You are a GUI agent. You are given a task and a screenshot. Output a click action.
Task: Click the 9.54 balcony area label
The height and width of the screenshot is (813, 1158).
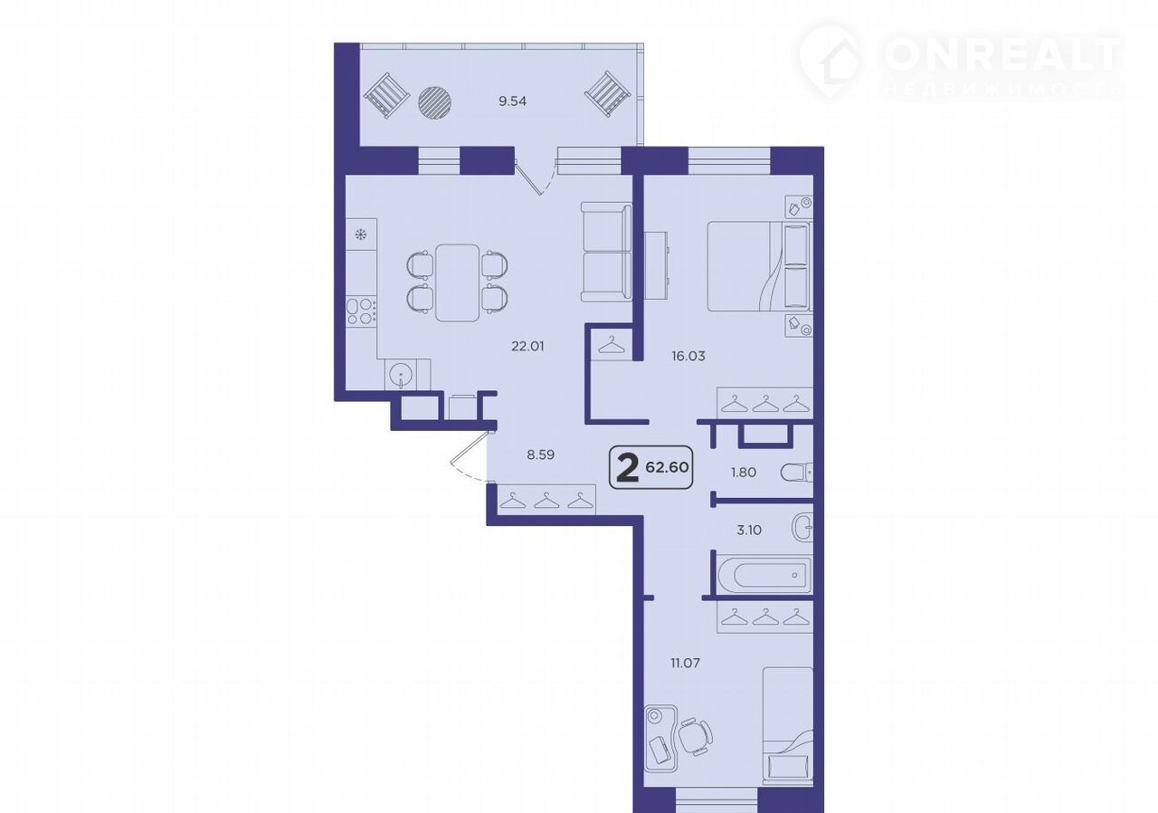512,101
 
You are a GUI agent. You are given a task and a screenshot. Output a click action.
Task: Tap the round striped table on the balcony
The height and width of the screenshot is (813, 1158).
435,102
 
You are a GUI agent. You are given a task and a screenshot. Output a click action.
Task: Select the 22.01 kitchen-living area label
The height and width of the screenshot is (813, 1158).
527,347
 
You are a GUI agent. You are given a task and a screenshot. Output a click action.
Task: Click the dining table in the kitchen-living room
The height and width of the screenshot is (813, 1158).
457,282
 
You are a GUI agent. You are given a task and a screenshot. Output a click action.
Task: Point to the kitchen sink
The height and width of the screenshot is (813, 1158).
401,374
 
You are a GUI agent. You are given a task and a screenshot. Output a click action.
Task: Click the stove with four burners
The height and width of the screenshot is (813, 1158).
361,311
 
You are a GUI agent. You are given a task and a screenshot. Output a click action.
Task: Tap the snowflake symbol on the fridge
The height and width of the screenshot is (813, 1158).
361,235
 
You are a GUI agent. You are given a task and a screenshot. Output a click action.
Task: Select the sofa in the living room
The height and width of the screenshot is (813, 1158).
606,252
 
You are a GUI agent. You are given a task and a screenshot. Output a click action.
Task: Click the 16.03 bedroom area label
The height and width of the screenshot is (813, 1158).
688,357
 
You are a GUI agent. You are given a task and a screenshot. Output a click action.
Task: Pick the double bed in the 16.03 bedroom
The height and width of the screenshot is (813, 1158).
759,266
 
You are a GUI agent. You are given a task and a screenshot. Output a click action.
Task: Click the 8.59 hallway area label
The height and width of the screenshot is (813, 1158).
541,455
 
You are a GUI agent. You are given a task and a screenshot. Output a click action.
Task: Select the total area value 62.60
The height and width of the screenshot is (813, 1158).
667,467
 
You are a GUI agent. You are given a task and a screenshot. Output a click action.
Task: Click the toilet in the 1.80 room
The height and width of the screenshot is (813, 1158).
797,473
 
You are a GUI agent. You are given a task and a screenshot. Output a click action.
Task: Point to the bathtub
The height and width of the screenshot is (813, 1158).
764,575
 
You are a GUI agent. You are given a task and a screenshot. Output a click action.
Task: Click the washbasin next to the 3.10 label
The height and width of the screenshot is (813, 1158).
802,528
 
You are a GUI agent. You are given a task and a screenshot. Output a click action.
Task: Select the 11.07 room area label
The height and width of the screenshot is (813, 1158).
686,663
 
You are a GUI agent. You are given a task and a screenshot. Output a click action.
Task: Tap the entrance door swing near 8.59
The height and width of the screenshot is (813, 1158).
468,457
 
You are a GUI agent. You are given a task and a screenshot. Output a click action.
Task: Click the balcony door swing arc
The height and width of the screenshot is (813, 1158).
537,177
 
